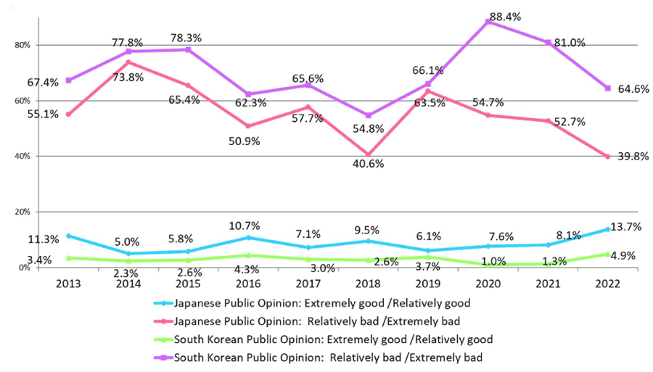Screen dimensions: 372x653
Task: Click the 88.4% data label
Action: (506, 16)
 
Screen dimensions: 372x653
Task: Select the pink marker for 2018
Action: (369, 154)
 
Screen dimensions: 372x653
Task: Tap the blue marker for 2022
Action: (607, 229)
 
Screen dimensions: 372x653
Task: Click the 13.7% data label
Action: (626, 227)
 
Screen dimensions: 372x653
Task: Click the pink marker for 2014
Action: (128, 62)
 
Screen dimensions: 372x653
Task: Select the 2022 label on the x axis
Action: (607, 284)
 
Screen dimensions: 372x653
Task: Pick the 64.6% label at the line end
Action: (633, 89)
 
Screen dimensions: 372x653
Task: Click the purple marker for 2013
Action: (68, 80)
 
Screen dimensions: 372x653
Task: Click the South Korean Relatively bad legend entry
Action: (326, 357)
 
